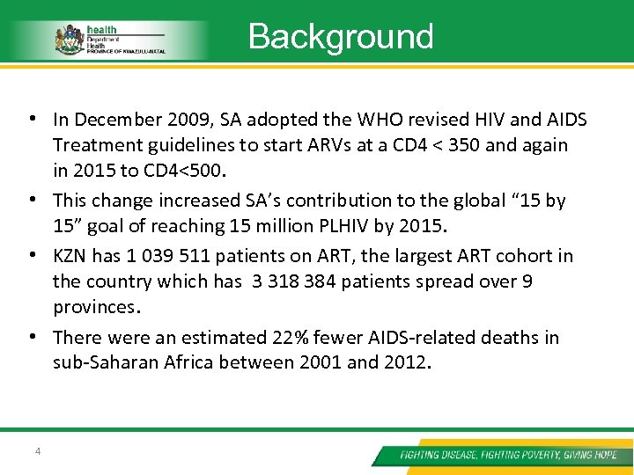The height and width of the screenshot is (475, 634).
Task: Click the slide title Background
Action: pos(341,37)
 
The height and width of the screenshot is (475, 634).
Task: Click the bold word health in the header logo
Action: pos(99,29)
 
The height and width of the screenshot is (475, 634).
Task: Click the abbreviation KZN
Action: pos(71,257)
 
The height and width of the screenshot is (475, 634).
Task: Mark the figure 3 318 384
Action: pos(293,281)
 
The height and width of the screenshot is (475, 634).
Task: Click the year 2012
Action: pos(406,362)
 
